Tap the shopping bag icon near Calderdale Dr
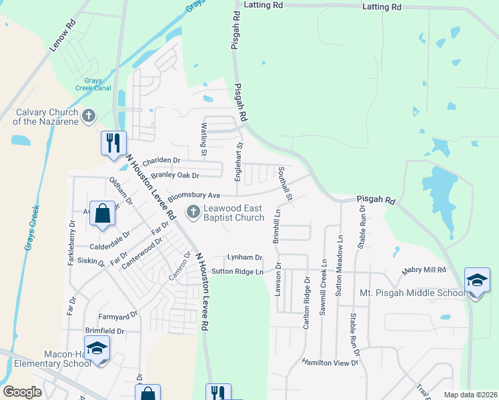click(x=102, y=214)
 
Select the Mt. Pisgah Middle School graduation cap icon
click(x=477, y=281)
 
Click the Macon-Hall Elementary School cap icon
click(x=97, y=349)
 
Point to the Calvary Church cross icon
click(x=88, y=117)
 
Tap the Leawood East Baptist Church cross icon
click(x=193, y=212)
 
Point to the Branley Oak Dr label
click(x=175, y=175)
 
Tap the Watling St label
click(x=203, y=139)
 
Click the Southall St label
click(x=286, y=183)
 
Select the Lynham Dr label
click(x=244, y=257)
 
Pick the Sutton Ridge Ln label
click(x=237, y=271)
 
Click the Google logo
click(x=22, y=392)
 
